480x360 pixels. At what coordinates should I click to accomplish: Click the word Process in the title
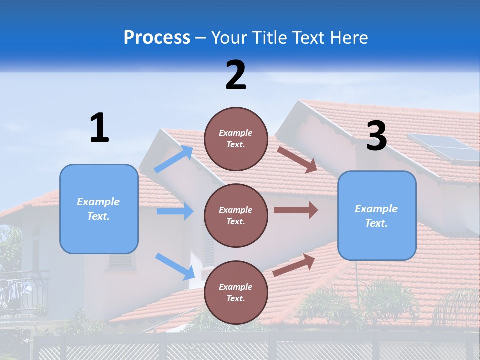[157, 38]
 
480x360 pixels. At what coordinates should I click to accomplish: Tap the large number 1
[99, 128]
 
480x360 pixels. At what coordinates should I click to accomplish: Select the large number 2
[236, 75]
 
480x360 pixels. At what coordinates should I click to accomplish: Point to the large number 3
[376, 137]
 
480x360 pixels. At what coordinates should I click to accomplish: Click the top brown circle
[236, 139]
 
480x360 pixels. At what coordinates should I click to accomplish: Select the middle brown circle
[236, 216]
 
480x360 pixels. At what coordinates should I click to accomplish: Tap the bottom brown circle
[236, 293]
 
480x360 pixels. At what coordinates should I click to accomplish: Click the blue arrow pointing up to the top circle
[174, 159]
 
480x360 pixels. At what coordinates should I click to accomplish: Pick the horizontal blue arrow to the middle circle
[175, 211]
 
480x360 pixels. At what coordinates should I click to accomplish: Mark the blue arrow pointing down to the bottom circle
[175, 266]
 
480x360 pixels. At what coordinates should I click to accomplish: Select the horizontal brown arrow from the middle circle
[296, 210]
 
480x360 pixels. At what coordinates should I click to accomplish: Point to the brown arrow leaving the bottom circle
[294, 265]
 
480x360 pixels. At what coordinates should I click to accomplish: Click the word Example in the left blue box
[98, 202]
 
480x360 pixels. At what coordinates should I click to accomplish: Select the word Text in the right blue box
[376, 223]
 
